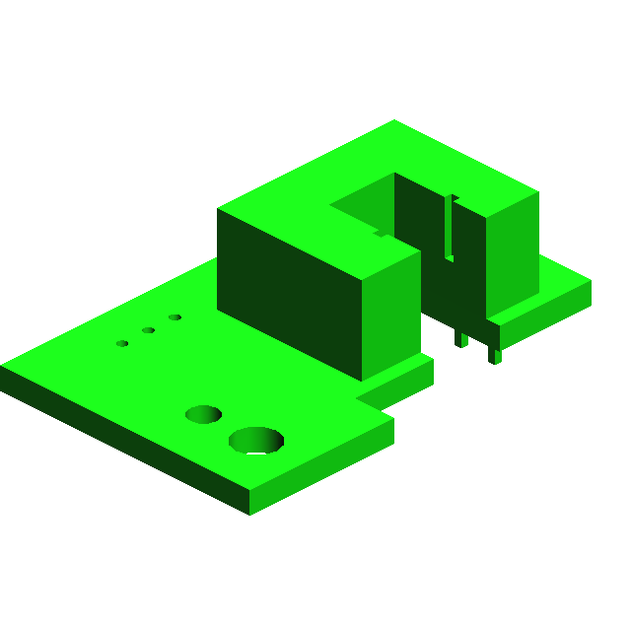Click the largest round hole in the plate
(256, 440)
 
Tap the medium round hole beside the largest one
(203, 414)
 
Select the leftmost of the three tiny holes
(122, 343)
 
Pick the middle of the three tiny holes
(148, 330)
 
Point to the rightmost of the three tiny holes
(175, 317)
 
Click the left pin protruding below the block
(460, 338)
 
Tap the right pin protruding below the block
(495, 353)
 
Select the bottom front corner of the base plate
(248, 514)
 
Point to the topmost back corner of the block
(395, 121)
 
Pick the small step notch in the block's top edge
(381, 234)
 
